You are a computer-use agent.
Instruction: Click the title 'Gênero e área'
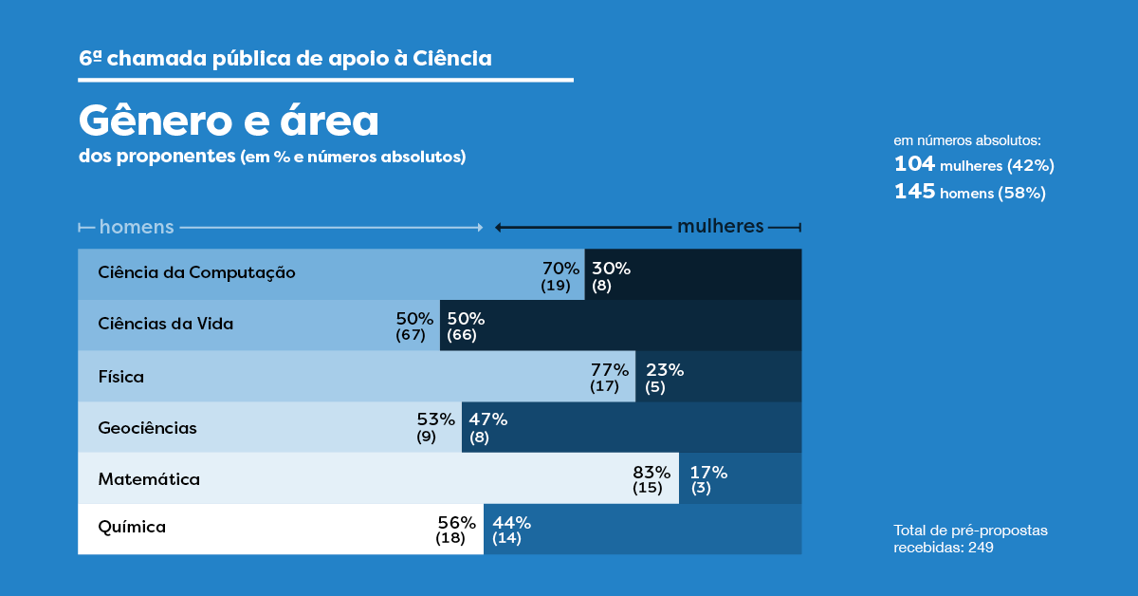[x=229, y=121]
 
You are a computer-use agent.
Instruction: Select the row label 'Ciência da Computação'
[x=196, y=272]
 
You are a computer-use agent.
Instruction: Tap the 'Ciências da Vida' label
[x=165, y=324]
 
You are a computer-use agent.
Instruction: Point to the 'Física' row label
[x=120, y=377]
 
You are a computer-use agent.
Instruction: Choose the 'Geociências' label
[x=147, y=428]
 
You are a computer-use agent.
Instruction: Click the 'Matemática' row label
[x=149, y=479]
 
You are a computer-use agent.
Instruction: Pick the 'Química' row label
[x=132, y=527]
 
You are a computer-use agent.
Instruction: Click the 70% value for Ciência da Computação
[x=560, y=269]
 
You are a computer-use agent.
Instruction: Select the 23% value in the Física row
[x=664, y=370]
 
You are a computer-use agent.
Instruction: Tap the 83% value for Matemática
[x=652, y=472]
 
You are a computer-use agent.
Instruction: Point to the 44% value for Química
[x=511, y=522]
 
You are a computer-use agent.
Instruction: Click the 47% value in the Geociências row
[x=488, y=419]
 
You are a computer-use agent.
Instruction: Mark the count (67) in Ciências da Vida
[x=411, y=336]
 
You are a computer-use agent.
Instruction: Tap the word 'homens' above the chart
[x=137, y=227]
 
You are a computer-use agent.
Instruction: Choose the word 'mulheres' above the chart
[x=720, y=226]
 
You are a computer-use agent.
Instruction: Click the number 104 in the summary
[x=914, y=164]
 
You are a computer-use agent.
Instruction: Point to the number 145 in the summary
[x=914, y=192]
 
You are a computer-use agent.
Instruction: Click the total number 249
[x=981, y=548]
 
